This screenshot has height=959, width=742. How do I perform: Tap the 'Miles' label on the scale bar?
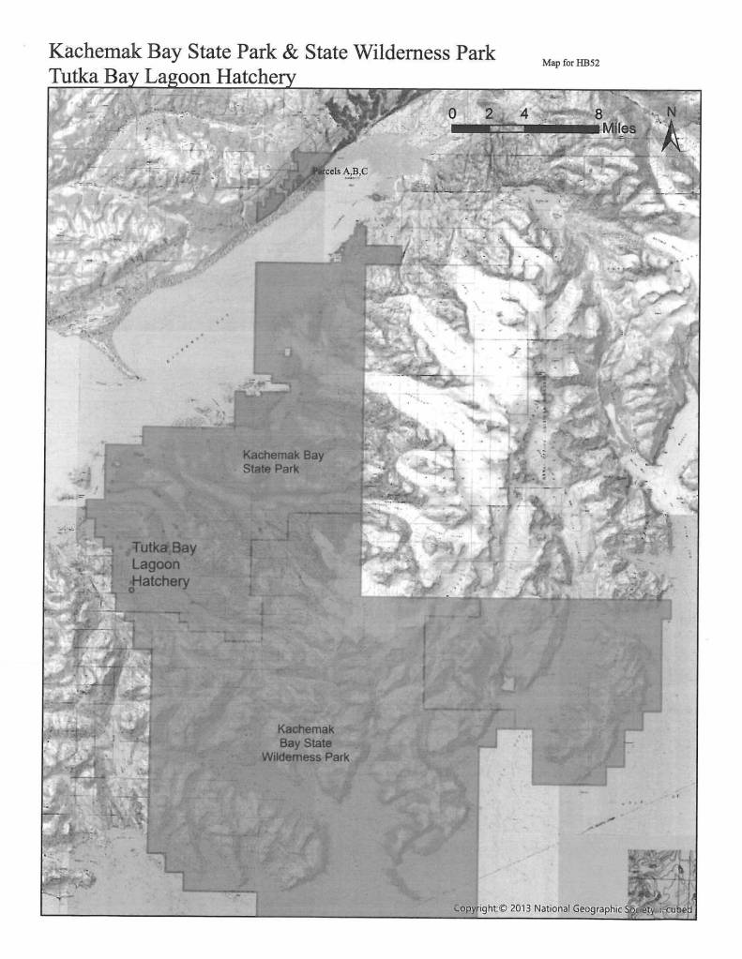[x=621, y=127]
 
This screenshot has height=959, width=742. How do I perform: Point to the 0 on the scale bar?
[x=453, y=112]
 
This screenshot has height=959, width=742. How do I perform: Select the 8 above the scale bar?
[x=598, y=112]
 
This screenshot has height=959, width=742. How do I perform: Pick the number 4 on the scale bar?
[x=523, y=112]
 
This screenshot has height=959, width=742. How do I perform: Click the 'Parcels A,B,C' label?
[x=341, y=172]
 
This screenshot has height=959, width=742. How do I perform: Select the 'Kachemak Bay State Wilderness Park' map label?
[x=306, y=742]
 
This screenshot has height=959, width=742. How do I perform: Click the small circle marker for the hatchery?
[x=131, y=590]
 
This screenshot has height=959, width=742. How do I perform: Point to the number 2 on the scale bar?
[x=489, y=112]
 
